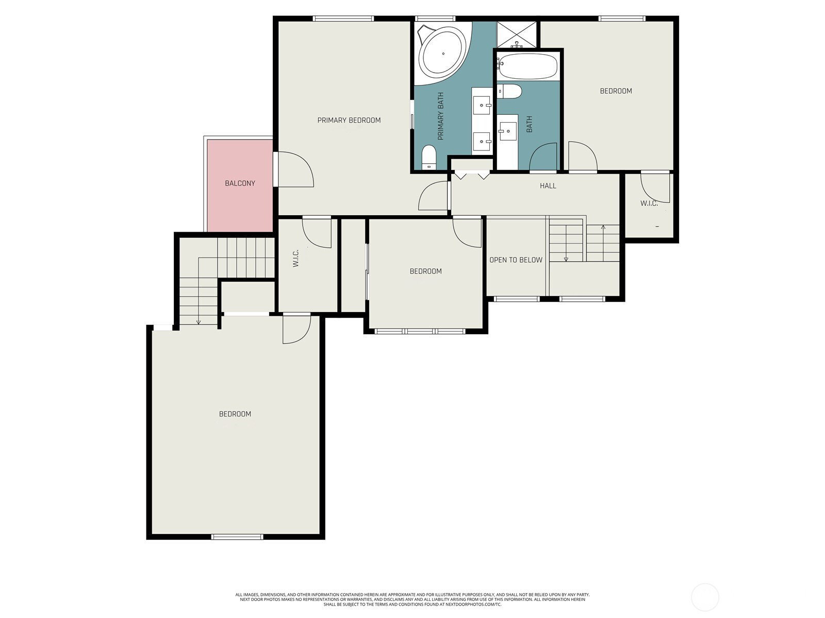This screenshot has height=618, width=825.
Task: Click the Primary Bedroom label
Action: coord(349,120)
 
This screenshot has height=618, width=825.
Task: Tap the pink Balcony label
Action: coord(240,183)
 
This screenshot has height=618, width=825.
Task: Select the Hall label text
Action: coord(548,185)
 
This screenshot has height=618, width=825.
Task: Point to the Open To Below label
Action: coord(516,260)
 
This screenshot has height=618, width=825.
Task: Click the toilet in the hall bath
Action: coord(509,91)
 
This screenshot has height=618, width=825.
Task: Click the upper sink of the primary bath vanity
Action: coord(482,105)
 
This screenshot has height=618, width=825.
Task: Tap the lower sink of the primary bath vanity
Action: coord(482,142)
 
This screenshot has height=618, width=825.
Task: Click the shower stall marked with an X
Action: coord(517,35)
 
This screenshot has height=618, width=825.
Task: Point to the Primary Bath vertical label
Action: coord(440,116)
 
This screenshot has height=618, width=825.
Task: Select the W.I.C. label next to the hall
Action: coord(649,203)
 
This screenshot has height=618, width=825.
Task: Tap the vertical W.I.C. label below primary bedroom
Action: coord(295,258)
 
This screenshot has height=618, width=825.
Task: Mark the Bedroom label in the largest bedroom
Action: coord(235,414)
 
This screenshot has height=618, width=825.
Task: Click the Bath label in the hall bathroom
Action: coord(529,124)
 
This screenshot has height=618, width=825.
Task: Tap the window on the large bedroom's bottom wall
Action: coord(237,537)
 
